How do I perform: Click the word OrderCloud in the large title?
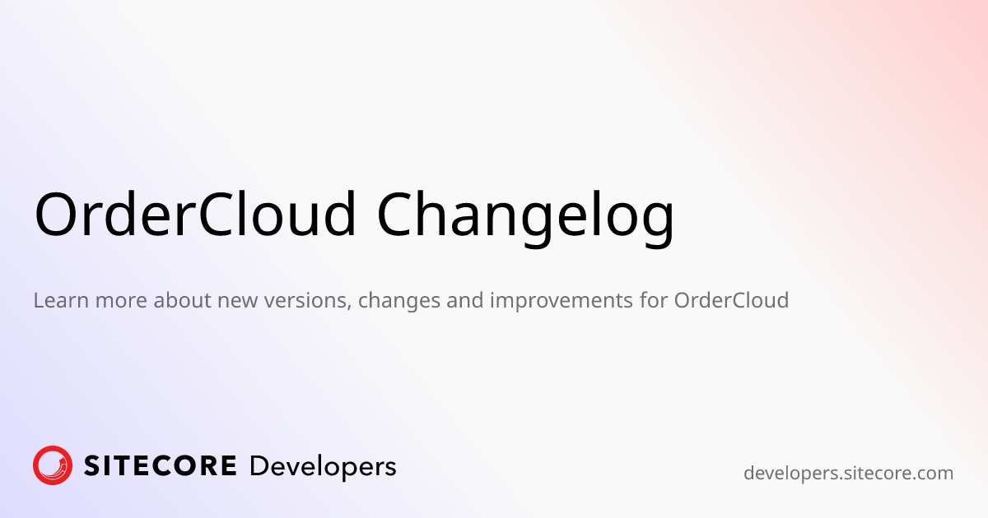195,214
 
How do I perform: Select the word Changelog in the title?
525,215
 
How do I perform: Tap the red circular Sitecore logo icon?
53,465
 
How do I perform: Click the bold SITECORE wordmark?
160,466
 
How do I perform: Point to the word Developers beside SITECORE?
323,467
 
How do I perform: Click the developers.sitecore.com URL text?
848,474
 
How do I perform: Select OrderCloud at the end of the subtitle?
731,300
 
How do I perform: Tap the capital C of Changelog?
399,214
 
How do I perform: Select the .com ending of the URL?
931,474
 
